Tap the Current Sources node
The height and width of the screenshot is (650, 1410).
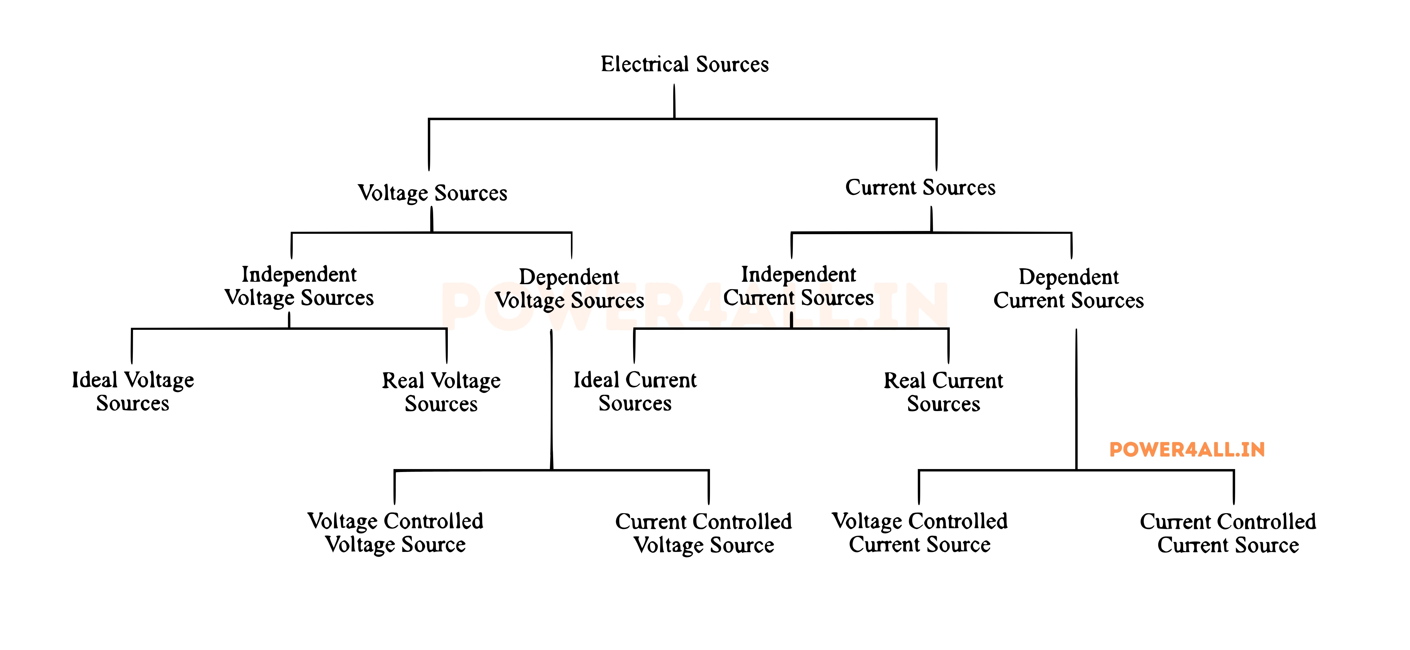[x=920, y=187]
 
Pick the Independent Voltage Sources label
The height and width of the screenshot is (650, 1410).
[x=299, y=286]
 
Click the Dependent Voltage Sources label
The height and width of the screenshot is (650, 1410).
[x=569, y=289]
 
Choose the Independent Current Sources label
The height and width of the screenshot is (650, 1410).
[x=799, y=286]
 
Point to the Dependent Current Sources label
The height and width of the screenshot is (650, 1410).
[x=1069, y=289]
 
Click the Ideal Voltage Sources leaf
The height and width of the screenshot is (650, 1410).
[x=133, y=392]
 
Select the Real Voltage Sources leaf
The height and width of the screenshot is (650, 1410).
[x=441, y=392]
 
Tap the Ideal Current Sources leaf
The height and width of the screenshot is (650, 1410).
[x=635, y=392]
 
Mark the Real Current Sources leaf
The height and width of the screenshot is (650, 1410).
[x=944, y=392]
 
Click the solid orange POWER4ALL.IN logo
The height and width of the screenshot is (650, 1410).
[x=1187, y=450]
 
